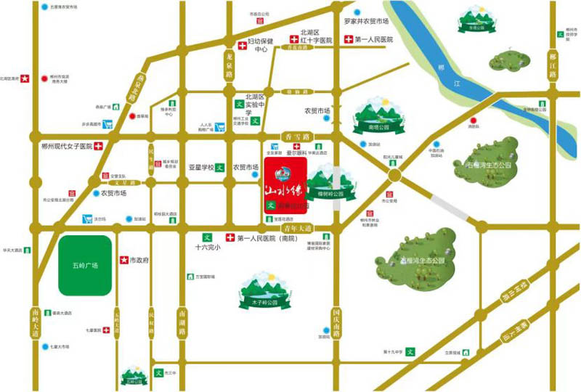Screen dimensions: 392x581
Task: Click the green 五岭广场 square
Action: (85, 265)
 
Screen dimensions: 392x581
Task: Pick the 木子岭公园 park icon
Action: (260, 292)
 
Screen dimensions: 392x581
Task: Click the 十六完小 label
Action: (207, 247)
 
